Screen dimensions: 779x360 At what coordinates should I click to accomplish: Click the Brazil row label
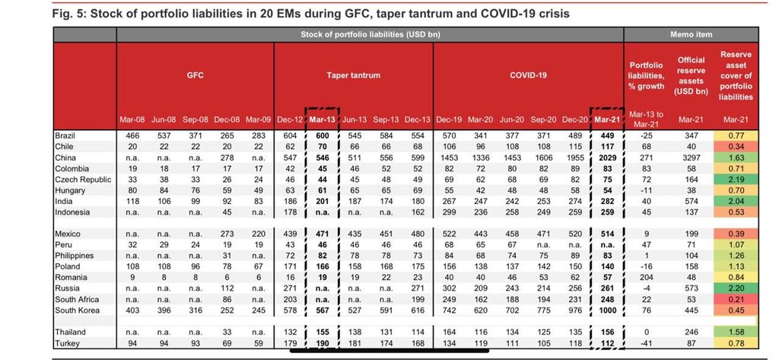[65, 135]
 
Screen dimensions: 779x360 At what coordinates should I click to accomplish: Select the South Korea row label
[78, 311]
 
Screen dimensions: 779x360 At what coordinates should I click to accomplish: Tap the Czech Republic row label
[84, 180]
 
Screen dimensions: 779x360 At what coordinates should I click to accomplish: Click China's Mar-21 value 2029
[606, 158]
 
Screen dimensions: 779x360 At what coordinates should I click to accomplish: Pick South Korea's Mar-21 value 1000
[606, 311]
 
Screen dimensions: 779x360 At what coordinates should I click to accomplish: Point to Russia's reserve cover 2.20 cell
[736, 289]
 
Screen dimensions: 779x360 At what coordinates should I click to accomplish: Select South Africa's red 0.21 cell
[736, 300]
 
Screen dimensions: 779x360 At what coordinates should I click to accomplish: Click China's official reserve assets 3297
[691, 158]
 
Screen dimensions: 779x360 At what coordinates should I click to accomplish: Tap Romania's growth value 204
[647, 278]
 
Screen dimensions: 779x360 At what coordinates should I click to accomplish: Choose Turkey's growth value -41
[647, 343]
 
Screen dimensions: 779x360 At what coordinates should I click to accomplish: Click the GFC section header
[196, 75]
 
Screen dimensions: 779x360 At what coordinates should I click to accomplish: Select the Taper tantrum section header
[353, 75]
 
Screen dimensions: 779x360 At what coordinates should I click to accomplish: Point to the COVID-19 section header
[528, 75]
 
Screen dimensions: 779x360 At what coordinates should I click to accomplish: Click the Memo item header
[691, 35]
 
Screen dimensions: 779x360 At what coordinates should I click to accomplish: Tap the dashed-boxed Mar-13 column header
[323, 119]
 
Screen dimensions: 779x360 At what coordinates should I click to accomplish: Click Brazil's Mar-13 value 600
[323, 135]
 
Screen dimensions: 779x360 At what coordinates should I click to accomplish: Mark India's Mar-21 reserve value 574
[691, 202]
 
